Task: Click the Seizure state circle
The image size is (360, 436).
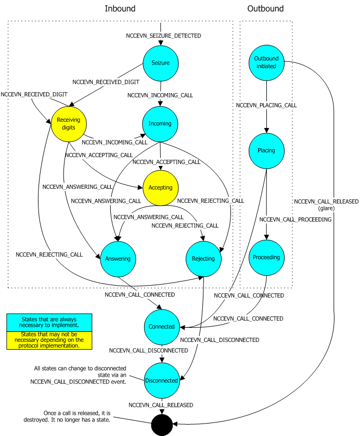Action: coord(161,63)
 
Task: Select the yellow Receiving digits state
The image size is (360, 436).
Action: coord(68,124)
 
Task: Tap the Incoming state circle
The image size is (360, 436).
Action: coord(161,123)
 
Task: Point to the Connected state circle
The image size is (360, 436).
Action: coord(161,327)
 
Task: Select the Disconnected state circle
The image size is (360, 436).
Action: coord(161,380)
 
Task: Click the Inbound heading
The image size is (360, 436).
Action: coord(120,9)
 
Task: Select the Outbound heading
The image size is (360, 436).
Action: coord(265,9)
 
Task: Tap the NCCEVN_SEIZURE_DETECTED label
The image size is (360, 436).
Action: coord(164,36)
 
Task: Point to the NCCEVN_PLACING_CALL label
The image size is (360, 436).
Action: coord(266,105)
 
